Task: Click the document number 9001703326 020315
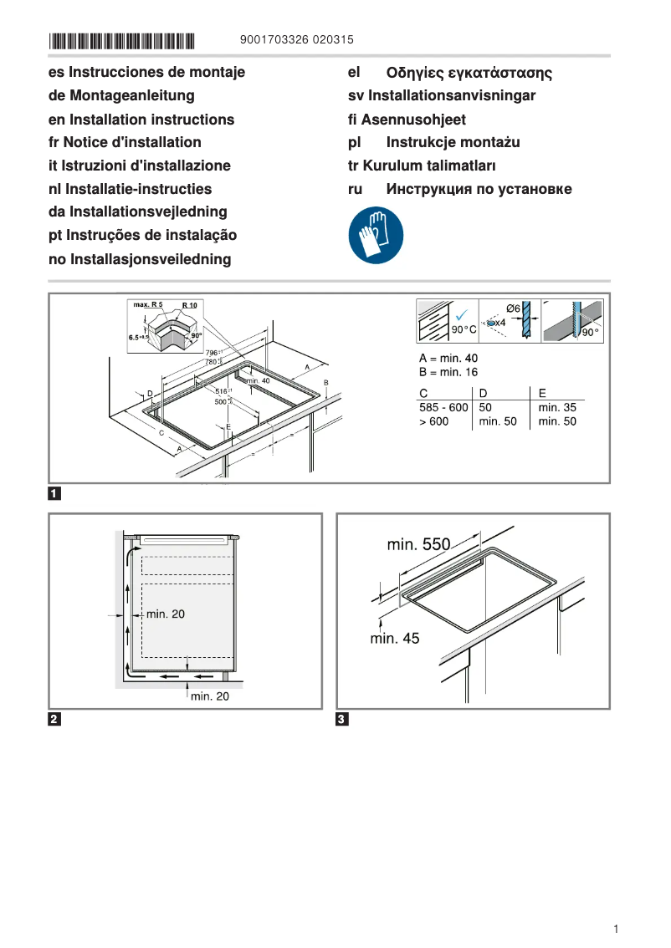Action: tap(296, 39)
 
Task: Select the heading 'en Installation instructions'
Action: tap(141, 120)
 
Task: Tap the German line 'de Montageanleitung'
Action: tap(121, 96)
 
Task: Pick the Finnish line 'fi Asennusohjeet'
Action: tap(407, 120)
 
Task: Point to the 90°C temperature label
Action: tap(464, 330)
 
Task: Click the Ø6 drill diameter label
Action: tap(514, 309)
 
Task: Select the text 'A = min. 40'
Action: tap(448, 358)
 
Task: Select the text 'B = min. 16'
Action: tap(448, 372)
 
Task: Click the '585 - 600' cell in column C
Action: tap(443, 407)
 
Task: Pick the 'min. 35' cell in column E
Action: tap(557, 407)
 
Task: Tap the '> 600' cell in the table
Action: tap(434, 421)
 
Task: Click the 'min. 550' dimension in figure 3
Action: tap(418, 545)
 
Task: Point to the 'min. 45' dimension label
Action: tap(395, 639)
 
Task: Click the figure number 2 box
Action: tap(54, 719)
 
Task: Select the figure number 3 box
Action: tap(342, 719)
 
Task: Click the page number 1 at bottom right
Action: tap(615, 929)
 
